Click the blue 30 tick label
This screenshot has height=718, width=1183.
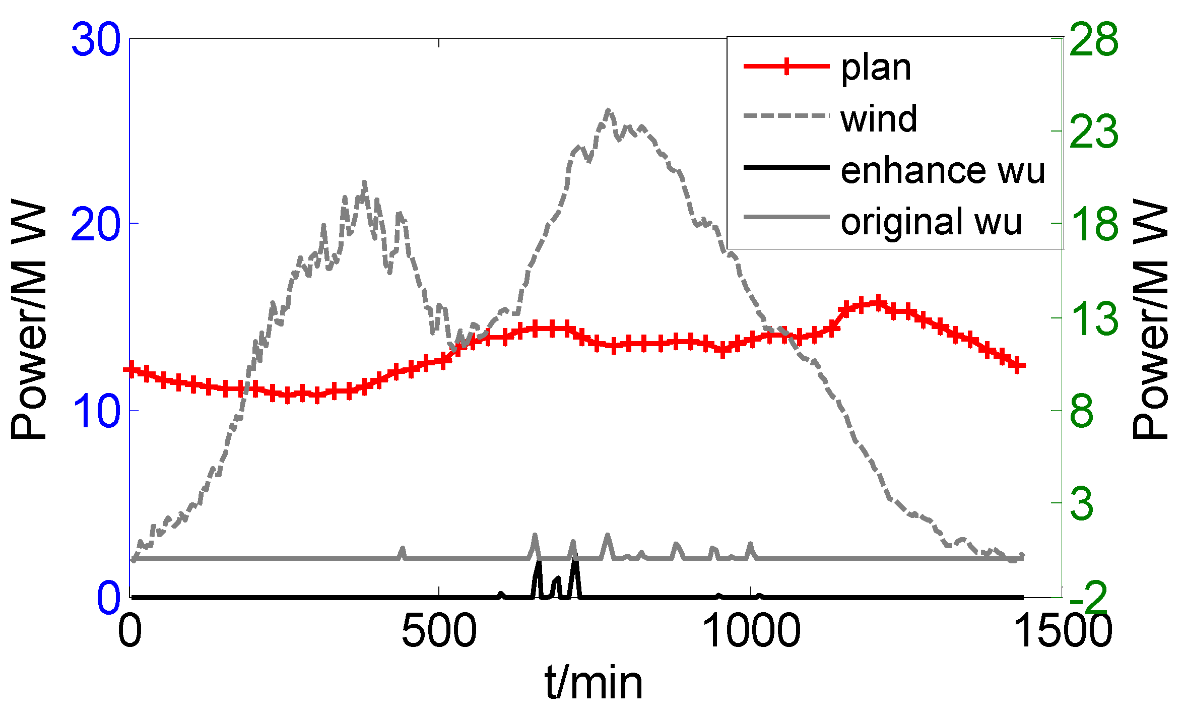[96, 40]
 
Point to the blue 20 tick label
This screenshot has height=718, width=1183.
[96, 225]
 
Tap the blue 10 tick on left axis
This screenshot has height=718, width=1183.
[96, 411]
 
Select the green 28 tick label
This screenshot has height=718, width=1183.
[1093, 40]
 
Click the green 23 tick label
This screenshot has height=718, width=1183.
[1093, 132]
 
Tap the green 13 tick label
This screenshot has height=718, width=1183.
[1093, 318]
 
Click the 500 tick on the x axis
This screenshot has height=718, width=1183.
[439, 632]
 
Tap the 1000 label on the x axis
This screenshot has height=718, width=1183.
[750, 632]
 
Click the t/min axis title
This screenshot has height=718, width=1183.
[594, 684]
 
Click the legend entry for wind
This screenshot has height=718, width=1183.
[879, 119]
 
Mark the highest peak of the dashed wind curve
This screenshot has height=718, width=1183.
[609, 110]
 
